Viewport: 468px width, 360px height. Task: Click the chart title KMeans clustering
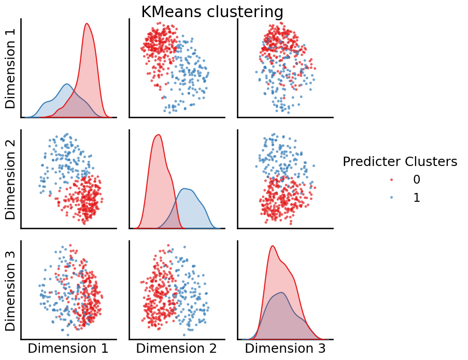212,11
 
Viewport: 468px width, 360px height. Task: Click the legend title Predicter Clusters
400,162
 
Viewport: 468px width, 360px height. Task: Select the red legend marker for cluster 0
391,180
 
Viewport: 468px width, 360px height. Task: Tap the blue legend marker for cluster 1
391,198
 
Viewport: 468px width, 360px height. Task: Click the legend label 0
416,180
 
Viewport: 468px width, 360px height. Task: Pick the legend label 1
416,198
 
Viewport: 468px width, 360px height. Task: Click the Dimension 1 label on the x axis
68,349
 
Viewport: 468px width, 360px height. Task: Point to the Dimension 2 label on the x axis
176,349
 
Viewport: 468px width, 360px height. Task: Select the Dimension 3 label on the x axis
285,349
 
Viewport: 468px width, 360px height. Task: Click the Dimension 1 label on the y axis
11,68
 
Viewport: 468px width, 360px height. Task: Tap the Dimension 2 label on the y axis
11,179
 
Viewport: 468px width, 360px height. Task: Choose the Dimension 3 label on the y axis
11,290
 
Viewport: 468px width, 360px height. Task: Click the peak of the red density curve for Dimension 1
87,23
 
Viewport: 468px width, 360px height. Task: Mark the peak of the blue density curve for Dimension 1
66,84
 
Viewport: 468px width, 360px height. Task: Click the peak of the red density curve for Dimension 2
158,135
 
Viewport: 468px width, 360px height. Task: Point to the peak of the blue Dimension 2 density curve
186,188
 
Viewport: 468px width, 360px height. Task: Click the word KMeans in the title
167,11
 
